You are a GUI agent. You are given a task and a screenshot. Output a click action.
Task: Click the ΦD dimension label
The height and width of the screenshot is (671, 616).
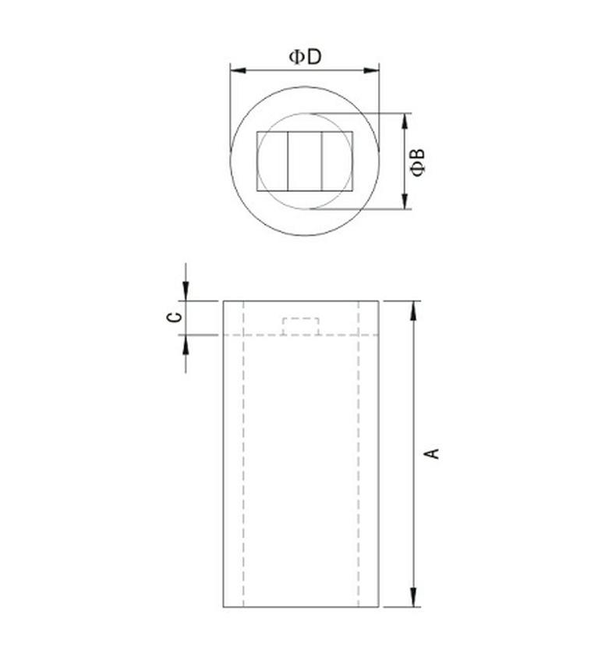tap(305, 57)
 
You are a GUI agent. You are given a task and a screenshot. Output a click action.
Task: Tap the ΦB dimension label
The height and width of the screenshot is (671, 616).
tap(417, 162)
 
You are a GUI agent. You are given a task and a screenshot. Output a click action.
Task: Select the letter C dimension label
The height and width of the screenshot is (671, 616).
tap(174, 317)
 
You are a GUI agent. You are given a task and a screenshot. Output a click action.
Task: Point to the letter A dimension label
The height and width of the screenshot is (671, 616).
tap(433, 453)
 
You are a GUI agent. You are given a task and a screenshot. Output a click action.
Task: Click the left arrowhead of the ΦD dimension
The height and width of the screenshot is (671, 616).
tap(238, 70)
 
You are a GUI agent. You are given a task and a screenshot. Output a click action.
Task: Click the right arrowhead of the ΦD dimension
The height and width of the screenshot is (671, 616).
tap(371, 70)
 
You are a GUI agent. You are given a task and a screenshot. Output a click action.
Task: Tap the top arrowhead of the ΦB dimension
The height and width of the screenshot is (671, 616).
tap(405, 121)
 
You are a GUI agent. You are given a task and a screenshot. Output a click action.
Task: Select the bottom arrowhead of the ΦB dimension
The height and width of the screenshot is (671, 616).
tap(405, 201)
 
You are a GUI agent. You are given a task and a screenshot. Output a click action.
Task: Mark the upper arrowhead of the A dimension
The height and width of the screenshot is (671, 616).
tap(413, 311)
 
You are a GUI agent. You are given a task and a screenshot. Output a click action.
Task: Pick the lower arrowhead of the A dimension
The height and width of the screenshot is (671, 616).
tap(413, 598)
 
